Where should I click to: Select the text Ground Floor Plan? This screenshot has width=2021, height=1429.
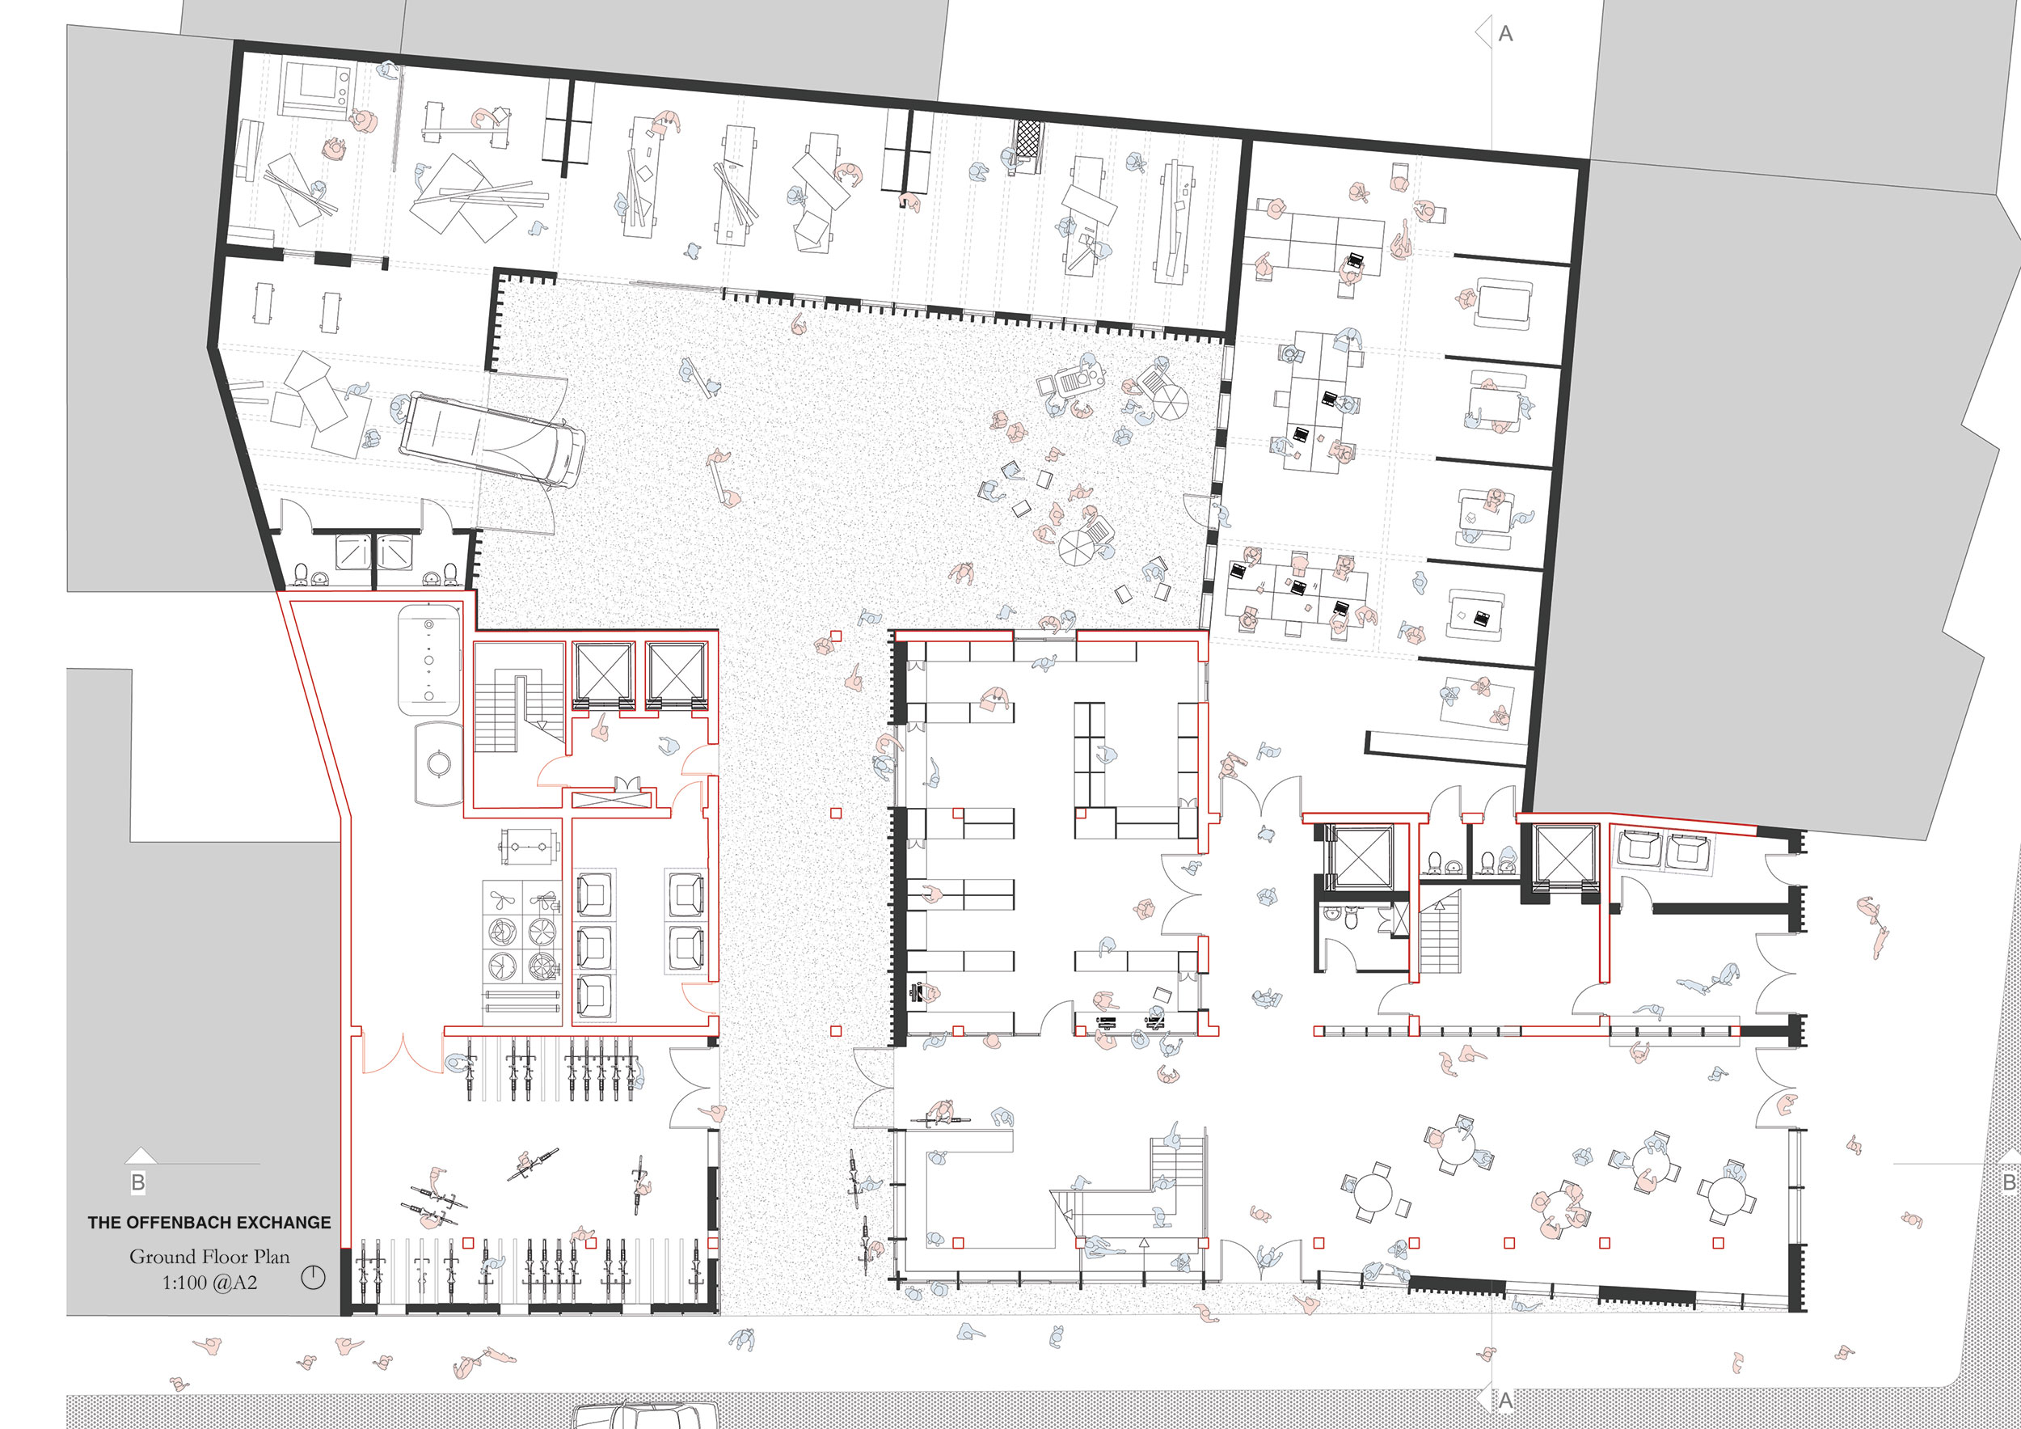tap(209, 1257)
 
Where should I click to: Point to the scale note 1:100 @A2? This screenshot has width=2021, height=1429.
tap(209, 1283)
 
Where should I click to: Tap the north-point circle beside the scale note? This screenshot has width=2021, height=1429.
tap(314, 1278)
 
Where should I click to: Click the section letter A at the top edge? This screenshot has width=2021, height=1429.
tap(1506, 33)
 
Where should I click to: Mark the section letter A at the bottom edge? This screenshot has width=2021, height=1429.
tap(1505, 1400)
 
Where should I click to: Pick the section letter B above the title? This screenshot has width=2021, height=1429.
tap(138, 1182)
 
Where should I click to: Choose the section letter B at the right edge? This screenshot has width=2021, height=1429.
tap(2010, 1182)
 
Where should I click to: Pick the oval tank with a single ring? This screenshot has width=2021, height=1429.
tap(438, 763)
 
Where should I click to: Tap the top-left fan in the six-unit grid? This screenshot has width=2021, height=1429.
tap(504, 901)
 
